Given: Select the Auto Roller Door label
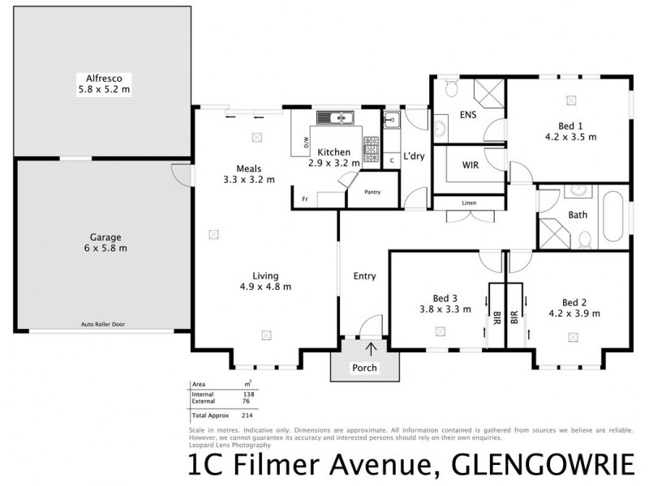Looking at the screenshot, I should tap(103, 324).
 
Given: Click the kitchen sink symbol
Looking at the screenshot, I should tap(338, 117).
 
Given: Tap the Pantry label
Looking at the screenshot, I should tap(372, 192).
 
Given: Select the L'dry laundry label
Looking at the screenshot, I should tap(415, 156).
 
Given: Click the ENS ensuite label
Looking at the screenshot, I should tap(468, 114).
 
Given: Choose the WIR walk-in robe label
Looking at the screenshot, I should tap(469, 165).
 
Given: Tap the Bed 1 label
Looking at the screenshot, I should tap(569, 126).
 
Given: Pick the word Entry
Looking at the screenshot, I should tap(364, 276).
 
